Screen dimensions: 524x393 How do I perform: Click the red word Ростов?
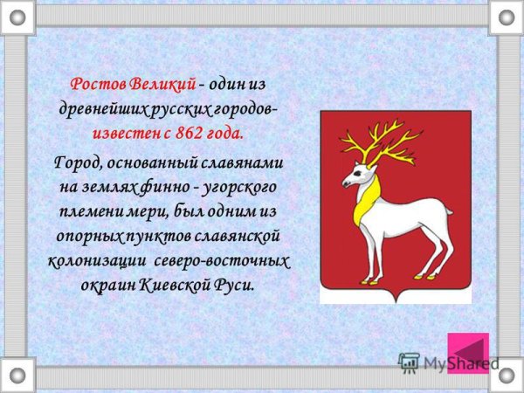[98, 84]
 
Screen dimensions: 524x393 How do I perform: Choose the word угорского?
[239, 188]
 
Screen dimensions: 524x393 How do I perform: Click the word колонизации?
[98, 262]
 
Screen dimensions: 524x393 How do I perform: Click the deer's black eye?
[358, 173]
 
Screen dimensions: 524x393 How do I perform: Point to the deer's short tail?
[449, 210]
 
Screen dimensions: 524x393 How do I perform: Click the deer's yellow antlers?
[381, 142]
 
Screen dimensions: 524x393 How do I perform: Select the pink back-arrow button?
[468, 353]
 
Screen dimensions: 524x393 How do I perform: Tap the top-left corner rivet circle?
[17, 17]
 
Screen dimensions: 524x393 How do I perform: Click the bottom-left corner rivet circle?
[17, 375]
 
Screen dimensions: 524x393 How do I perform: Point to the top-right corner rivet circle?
[507, 17]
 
